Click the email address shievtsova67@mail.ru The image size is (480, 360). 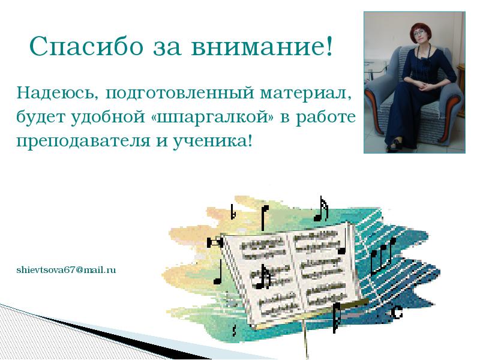66,270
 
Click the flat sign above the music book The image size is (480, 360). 233,212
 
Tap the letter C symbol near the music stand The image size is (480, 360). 397,311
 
